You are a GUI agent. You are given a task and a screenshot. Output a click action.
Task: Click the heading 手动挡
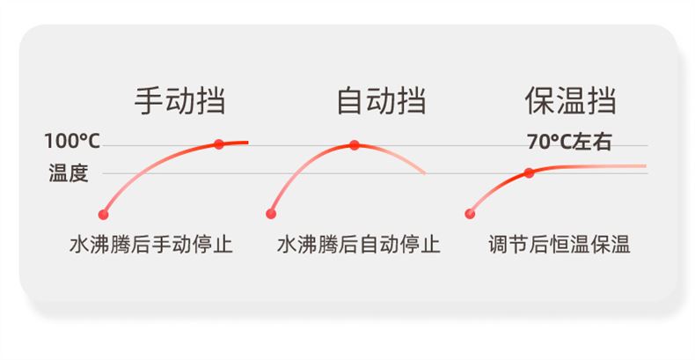[180, 101]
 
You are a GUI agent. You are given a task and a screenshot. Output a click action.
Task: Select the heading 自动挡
[381, 101]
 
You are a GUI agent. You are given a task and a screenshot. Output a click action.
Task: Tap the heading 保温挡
[570, 101]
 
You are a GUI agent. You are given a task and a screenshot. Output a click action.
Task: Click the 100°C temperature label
[72, 142]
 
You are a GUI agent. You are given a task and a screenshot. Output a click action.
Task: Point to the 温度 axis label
[69, 173]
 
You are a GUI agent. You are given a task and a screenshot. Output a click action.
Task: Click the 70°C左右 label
[569, 142]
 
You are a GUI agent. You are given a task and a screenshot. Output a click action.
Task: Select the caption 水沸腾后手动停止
[151, 245]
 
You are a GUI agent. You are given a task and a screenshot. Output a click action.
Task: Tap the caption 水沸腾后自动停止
[359, 245]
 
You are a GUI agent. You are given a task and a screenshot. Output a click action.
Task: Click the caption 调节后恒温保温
[560, 245]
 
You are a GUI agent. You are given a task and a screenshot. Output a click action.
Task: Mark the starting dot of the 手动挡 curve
[103, 215]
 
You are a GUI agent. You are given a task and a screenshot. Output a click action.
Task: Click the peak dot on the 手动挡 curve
[219, 144]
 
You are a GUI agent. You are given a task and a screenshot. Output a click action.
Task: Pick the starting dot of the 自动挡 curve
[271, 214]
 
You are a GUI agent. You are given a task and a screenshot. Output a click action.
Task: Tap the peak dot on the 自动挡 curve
[355, 145]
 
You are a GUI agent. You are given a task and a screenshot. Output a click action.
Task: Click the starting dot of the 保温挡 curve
[470, 214]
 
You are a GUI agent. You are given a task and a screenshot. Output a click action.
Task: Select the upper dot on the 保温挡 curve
[529, 173]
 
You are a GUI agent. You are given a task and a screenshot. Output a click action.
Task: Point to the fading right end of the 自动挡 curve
[425, 173]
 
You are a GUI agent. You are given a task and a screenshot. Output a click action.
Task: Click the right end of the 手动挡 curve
[247, 143]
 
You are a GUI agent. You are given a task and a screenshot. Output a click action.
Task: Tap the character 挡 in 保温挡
[602, 101]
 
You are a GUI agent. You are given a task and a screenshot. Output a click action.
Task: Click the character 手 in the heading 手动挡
[149, 101]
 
